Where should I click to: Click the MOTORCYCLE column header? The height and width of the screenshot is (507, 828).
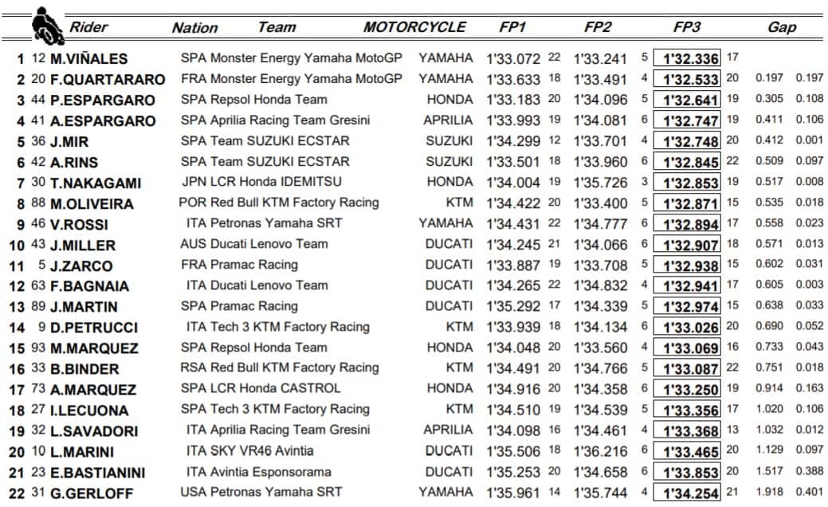414,27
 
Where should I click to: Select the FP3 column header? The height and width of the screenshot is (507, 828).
686,27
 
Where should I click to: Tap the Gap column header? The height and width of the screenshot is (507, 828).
781,27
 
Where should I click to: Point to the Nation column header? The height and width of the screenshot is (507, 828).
194,28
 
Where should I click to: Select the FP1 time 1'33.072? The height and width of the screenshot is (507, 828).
513,58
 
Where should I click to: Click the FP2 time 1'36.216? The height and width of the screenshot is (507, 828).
603,450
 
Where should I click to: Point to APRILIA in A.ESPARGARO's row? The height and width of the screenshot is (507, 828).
448,120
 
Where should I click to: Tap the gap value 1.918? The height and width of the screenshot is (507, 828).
765,493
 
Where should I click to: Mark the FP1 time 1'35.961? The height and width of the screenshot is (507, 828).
513,493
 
